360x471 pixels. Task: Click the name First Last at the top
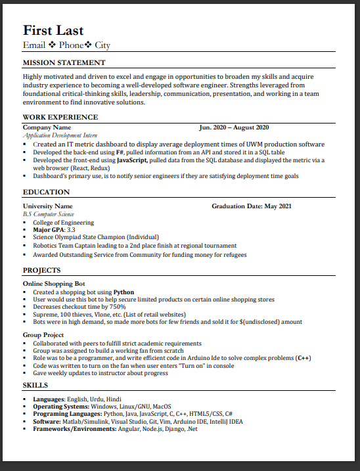coord(53,30)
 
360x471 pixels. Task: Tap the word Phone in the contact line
coord(71,45)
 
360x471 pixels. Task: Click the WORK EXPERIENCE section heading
coord(60,118)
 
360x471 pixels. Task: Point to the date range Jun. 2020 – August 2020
coord(234,127)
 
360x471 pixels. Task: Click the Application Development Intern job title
coord(55,135)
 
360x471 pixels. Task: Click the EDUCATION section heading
coord(46,192)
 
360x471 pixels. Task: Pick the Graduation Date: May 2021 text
coord(251,206)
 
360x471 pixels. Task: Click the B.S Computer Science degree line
coord(49,214)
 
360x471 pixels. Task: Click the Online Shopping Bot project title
coord(55,284)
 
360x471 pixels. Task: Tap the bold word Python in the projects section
coord(124,292)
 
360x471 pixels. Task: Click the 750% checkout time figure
coord(117,307)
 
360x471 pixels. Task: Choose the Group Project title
coord(43,335)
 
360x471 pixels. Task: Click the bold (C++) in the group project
coord(303,358)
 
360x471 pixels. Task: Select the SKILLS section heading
coord(35,385)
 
